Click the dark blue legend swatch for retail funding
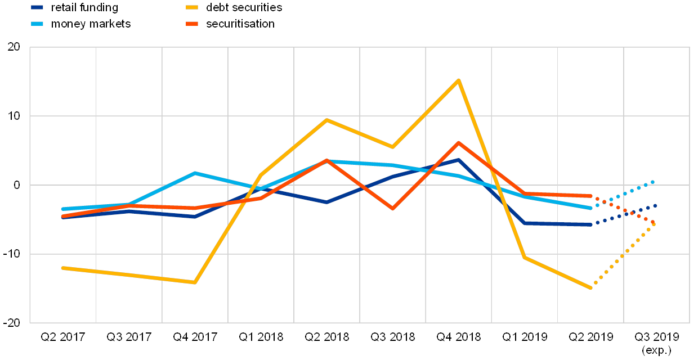[x=37, y=8]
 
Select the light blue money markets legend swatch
[x=37, y=24]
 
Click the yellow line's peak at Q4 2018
[x=459, y=80]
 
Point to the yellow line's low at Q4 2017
[x=195, y=282]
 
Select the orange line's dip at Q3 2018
[x=392, y=209]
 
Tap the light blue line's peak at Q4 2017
[x=195, y=173]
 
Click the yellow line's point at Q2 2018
[x=326, y=119]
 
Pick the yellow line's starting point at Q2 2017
[x=62, y=268]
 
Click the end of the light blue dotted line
[x=653, y=182]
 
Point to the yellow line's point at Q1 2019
[x=525, y=257]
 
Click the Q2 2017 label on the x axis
[x=62, y=337]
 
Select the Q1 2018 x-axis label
[x=261, y=337]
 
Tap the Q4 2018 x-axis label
[x=459, y=337]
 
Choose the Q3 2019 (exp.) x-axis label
[x=657, y=343]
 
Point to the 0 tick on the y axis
[x=16, y=185]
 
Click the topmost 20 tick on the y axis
[x=14, y=48]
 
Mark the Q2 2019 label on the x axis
[x=590, y=337]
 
